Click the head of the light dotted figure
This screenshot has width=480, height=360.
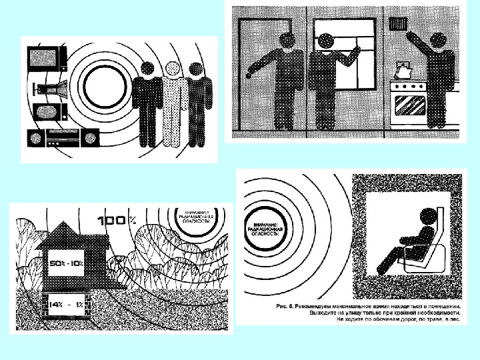coord(173,69)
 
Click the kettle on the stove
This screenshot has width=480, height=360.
coord(403,69)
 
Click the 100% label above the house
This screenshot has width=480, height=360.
coord(117,219)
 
